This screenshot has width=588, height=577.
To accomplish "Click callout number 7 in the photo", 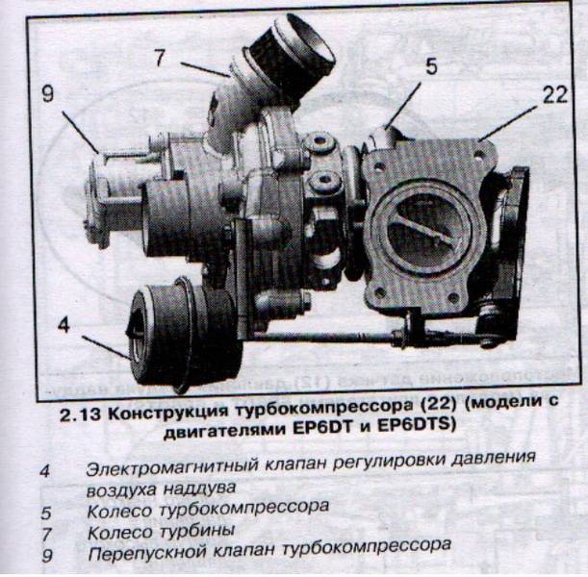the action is pos(160,58).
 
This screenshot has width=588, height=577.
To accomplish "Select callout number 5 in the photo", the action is pos(431,66).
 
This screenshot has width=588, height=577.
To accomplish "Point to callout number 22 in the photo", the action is pos(555,95).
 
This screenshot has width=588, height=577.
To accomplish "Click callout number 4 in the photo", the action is pos(64,324).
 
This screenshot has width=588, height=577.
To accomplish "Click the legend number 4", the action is pos(44,470).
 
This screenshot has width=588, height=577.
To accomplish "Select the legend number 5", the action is pos(46,514).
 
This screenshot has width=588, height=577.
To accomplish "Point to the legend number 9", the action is pos(47,555).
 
